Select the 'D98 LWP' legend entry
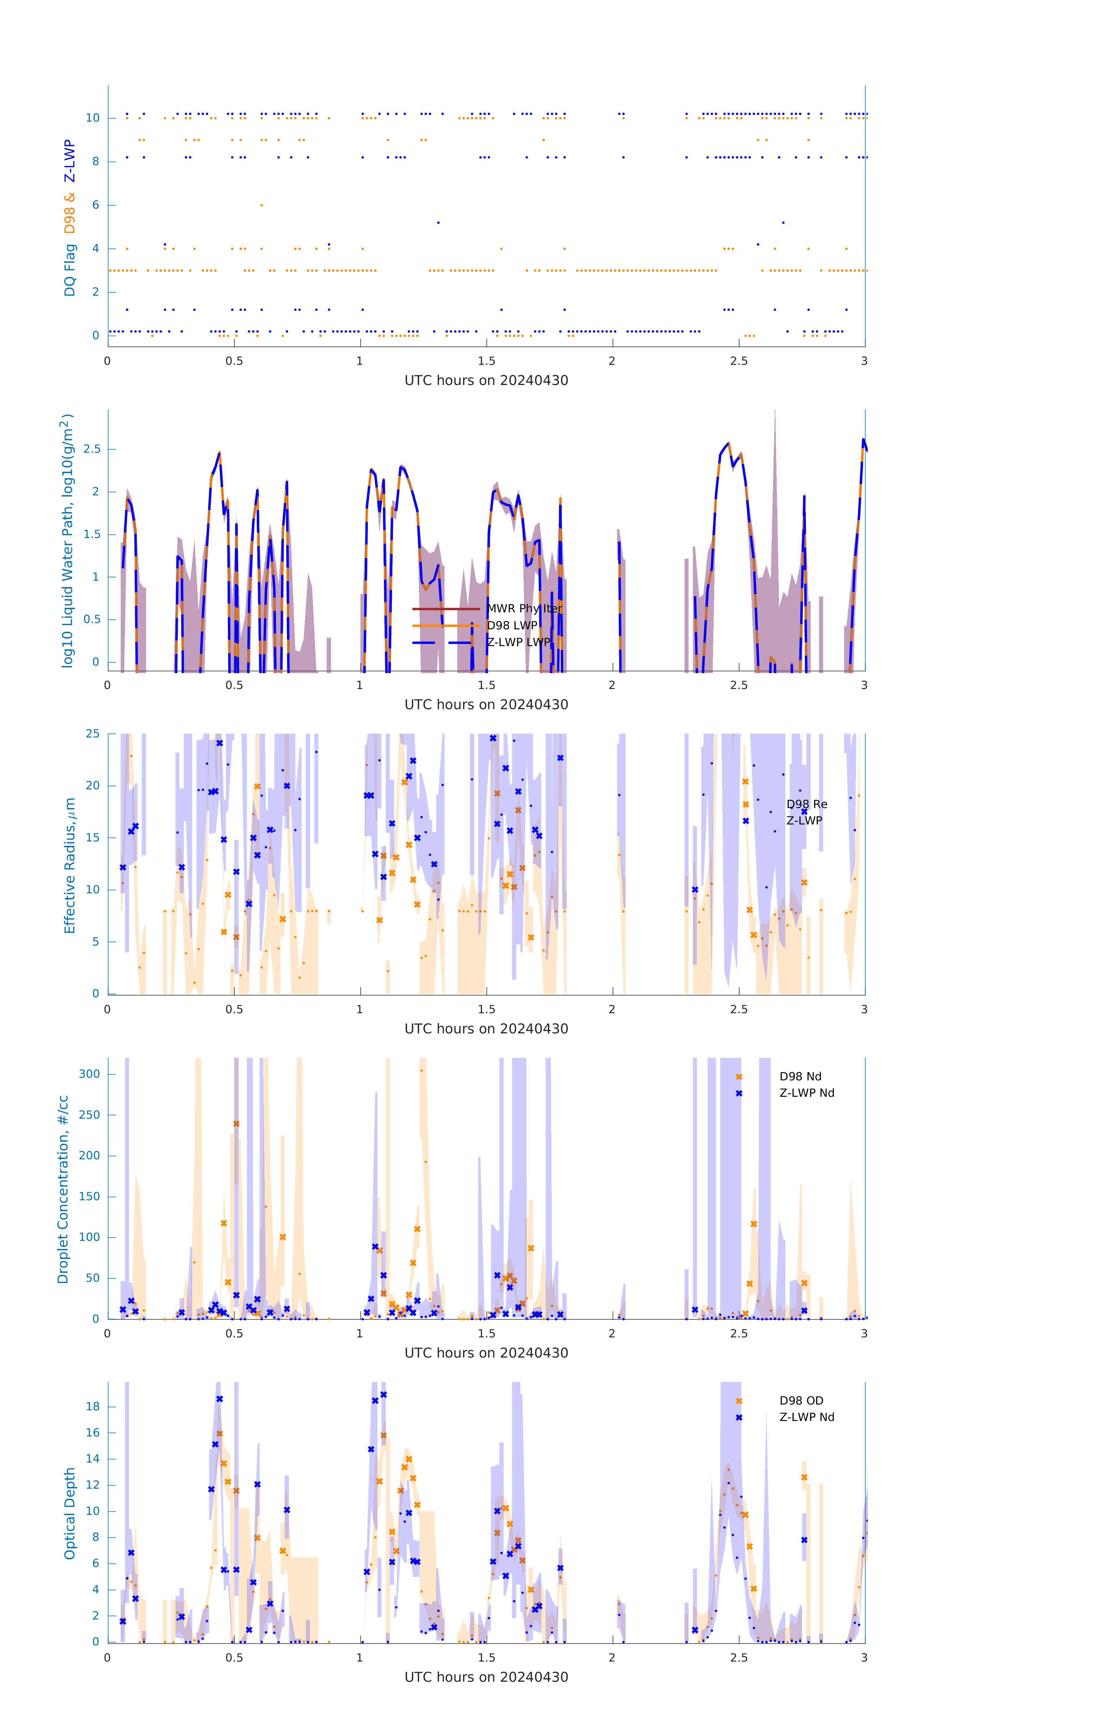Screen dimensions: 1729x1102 pos(512,625)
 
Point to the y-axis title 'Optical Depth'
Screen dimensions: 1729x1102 pos(70,1513)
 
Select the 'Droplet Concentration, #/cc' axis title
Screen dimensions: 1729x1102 pos(63,1189)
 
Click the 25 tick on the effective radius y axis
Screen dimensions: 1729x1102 pos(92,734)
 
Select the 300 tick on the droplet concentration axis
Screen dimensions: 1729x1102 pos(90,1074)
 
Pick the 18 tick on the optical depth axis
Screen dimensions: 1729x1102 pos(92,1406)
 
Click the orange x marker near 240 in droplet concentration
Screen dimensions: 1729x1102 pos(236,1124)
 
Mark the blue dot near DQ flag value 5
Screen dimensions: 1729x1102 pos(438,222)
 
